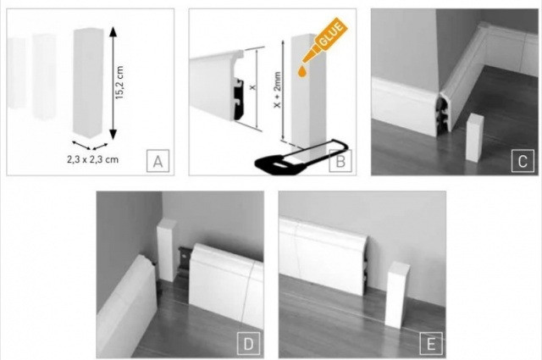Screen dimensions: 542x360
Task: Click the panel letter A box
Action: [158, 160]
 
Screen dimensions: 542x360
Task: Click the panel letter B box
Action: [340, 160]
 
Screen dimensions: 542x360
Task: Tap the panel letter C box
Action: [523, 160]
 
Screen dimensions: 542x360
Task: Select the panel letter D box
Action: [248, 343]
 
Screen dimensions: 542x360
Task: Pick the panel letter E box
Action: [431, 343]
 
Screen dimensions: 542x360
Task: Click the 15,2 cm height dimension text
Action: [119, 83]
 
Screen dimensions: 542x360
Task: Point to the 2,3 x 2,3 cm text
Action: [92, 159]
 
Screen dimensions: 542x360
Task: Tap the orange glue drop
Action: [302, 72]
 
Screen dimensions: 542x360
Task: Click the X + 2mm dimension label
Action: [277, 90]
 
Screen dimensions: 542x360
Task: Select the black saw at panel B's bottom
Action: [301, 158]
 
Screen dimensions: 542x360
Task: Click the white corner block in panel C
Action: [475, 138]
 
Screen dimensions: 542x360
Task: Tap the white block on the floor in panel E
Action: [397, 295]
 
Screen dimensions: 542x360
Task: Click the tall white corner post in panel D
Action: [167, 250]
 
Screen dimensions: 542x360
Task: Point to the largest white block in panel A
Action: [88, 82]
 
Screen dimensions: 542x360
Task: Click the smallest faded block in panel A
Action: [16, 73]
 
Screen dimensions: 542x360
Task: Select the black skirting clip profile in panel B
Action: [240, 99]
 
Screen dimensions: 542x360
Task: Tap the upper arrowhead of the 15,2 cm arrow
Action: [113, 33]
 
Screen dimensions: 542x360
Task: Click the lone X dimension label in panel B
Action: [252, 87]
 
